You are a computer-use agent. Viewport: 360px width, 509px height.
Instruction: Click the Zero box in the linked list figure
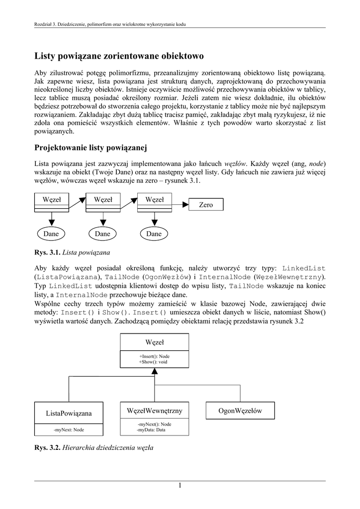click(206, 205)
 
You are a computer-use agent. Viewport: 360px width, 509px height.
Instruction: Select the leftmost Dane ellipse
click(51, 234)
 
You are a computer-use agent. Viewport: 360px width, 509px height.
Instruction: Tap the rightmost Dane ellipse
click(154, 234)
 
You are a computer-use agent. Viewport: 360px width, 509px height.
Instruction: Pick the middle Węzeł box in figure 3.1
click(103, 200)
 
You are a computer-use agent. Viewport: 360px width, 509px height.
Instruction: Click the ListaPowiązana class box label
click(69, 413)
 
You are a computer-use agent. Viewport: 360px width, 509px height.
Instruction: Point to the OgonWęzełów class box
click(240, 411)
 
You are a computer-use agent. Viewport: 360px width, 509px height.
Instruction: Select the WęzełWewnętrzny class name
click(155, 411)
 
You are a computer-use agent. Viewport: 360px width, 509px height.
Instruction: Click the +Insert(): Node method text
click(155, 356)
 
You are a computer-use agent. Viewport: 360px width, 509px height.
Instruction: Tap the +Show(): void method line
click(153, 362)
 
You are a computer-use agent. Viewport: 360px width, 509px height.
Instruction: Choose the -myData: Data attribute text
click(152, 429)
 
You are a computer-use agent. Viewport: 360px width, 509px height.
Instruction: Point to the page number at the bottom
click(180, 486)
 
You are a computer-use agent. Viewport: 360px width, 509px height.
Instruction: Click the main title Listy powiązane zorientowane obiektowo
click(119, 56)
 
